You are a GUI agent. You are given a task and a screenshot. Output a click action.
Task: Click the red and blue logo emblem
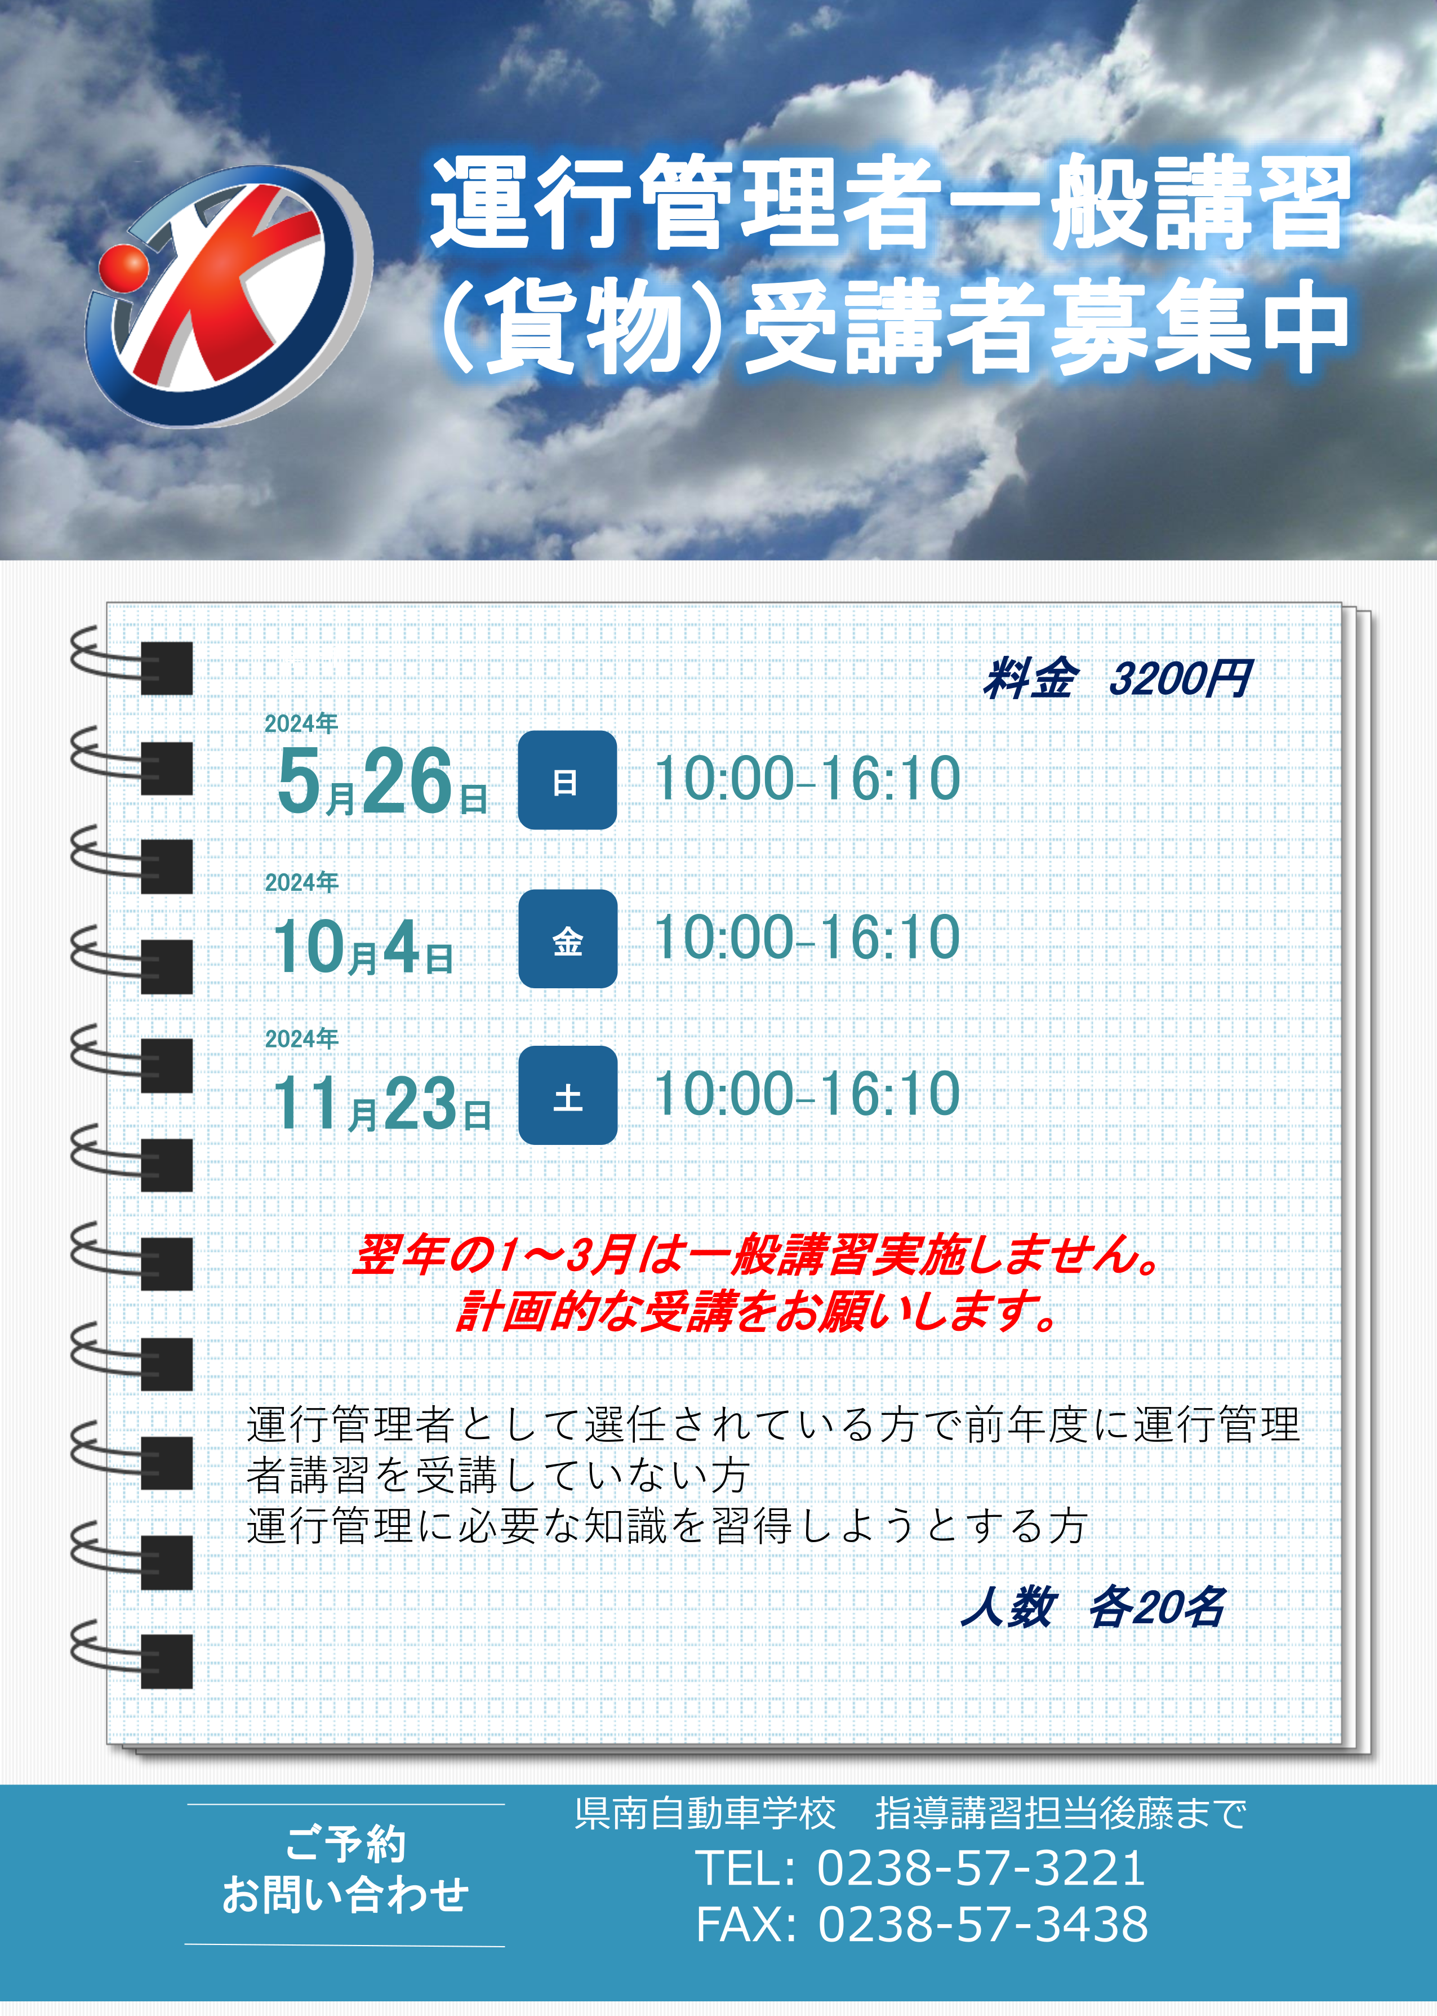[x=228, y=296]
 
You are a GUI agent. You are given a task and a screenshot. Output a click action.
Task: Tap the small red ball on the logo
[x=124, y=267]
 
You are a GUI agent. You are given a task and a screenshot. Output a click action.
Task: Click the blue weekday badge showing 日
[x=567, y=780]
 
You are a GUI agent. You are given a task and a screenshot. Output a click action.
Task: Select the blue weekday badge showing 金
[x=567, y=939]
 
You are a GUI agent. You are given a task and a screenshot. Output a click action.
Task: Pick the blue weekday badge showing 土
[x=567, y=1095]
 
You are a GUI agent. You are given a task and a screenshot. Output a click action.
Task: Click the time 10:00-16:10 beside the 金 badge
[x=808, y=937]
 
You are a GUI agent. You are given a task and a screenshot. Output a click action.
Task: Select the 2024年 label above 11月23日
[x=302, y=1038]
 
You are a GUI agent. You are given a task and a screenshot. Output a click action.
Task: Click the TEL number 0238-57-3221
[x=981, y=1868]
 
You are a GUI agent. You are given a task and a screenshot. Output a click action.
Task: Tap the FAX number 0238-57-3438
[x=982, y=1925]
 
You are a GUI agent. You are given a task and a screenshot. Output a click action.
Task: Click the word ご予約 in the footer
[x=345, y=1844]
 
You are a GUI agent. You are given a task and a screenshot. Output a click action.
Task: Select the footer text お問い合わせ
[x=345, y=1895]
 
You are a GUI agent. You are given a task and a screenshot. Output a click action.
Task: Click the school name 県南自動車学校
[x=705, y=1813]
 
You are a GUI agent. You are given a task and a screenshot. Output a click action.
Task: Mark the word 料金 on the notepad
[x=1030, y=680]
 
